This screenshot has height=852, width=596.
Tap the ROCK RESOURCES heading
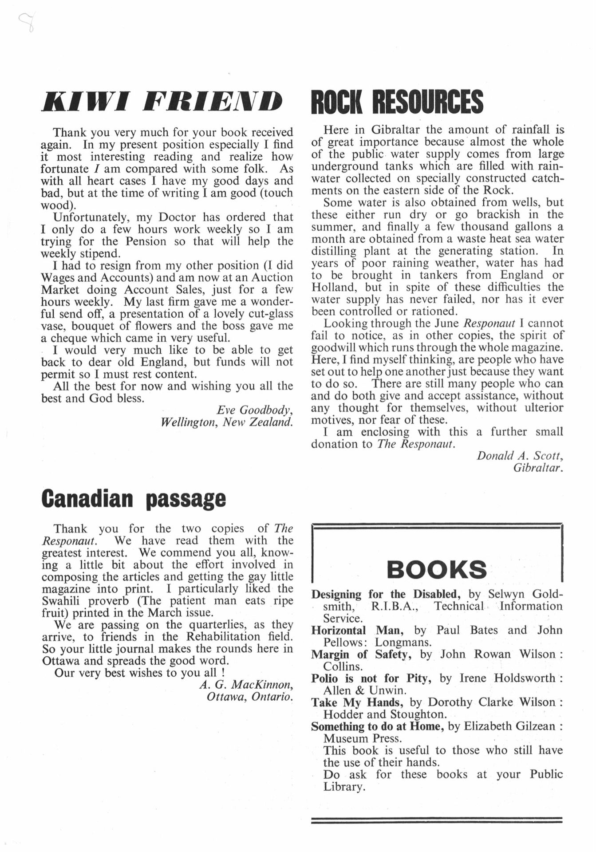397,101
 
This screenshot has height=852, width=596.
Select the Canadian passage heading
133,499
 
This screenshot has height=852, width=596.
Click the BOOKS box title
437,569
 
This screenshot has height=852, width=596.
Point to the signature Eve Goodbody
255,410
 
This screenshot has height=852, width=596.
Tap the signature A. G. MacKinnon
246,685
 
